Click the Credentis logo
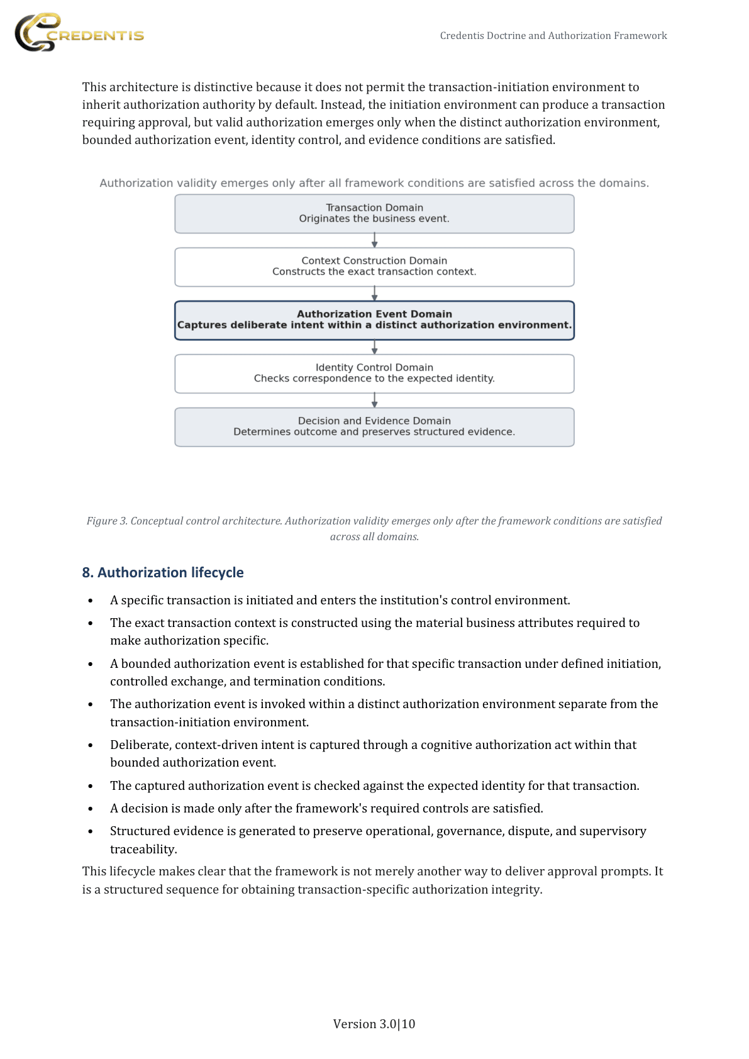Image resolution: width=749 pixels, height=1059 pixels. (x=79, y=33)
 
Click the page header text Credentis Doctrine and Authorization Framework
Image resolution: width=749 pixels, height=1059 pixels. (x=553, y=36)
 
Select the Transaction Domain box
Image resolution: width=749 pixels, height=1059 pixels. (x=374, y=214)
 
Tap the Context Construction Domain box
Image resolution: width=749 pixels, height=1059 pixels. (x=374, y=267)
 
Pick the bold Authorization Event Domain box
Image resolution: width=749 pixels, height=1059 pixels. (x=374, y=320)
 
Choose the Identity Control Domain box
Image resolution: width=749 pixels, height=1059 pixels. (x=374, y=374)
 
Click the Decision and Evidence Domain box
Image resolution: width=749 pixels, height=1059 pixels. (x=374, y=427)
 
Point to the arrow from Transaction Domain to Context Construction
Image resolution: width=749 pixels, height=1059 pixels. (x=374, y=240)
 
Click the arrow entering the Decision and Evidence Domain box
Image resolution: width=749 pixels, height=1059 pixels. (x=374, y=401)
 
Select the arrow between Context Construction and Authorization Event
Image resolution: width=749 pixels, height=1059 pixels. (x=374, y=294)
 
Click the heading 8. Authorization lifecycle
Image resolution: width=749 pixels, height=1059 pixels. (x=163, y=572)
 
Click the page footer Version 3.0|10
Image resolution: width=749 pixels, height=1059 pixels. (x=374, y=1024)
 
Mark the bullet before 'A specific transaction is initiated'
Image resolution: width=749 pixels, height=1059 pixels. (x=91, y=601)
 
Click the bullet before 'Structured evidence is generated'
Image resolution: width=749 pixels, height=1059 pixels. (x=91, y=831)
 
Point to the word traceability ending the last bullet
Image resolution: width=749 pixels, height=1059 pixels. (x=143, y=849)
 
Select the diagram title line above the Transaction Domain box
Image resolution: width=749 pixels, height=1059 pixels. (x=374, y=183)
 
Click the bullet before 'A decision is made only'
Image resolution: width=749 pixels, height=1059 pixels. (x=91, y=809)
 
